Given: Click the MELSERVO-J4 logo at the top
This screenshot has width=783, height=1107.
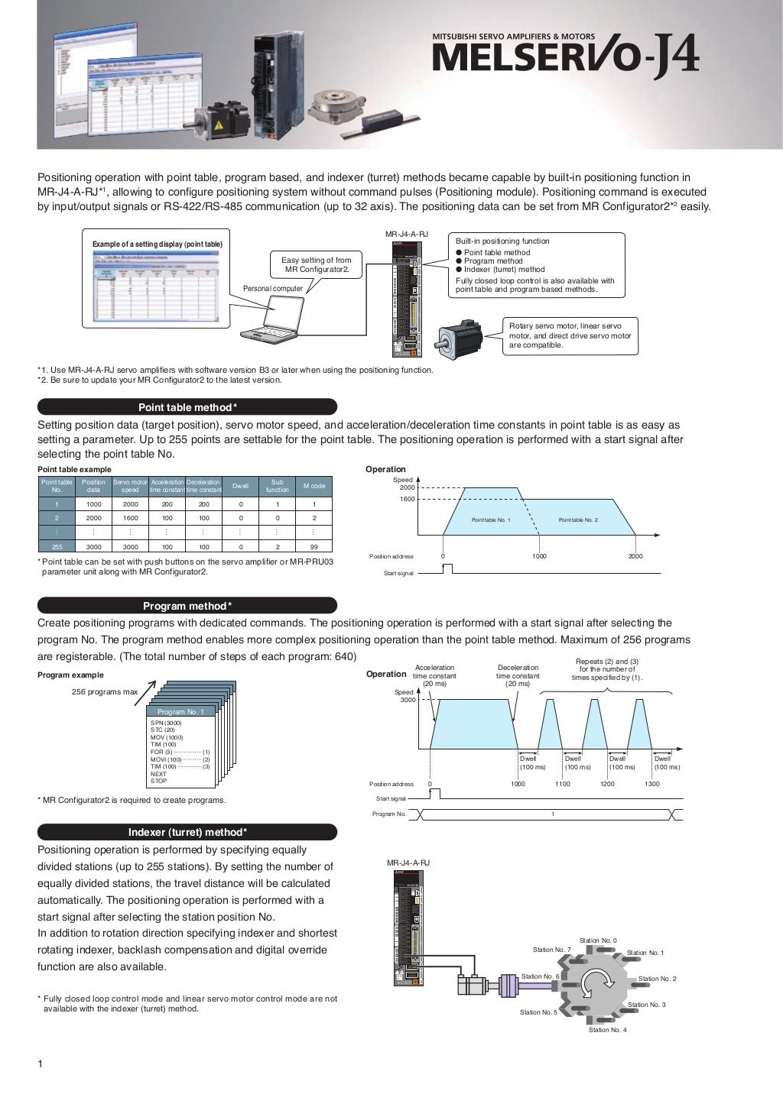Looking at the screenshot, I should point(565,57).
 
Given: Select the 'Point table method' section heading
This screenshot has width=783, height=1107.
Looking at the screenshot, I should point(187,407).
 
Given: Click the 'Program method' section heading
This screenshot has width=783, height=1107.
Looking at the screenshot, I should point(187,606).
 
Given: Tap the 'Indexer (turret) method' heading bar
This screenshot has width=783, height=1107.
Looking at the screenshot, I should point(187,832).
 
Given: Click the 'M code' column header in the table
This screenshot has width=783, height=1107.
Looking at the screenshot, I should point(314,486).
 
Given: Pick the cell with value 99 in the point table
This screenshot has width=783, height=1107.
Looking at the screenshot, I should point(314,547).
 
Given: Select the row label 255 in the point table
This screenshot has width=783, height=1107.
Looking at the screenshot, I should point(57,547).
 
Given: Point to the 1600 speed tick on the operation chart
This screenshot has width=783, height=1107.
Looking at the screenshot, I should point(407,499).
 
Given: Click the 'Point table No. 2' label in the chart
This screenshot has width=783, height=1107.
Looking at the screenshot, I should point(578,520).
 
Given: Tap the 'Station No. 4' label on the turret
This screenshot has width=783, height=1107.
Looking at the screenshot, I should point(607,1030).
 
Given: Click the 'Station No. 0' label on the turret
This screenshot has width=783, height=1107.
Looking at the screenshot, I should point(598,940).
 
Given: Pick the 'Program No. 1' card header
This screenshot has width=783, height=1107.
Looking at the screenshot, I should point(180,711).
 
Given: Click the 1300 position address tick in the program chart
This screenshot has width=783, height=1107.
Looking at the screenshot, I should point(652,784).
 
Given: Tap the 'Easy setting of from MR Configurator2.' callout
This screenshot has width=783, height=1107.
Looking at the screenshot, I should point(317,265).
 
